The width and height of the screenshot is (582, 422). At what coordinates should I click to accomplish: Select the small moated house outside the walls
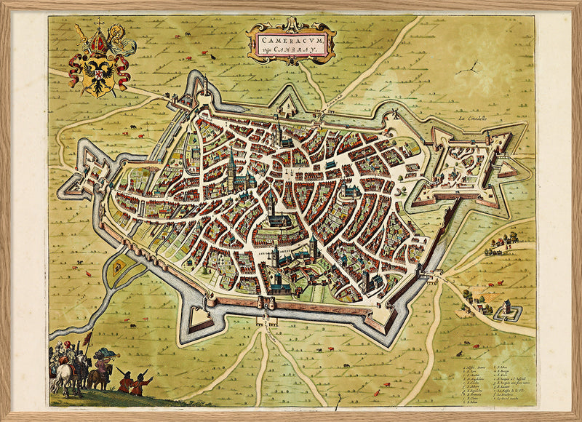(508, 314)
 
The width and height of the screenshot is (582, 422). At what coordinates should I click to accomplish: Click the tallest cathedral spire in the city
(231, 164)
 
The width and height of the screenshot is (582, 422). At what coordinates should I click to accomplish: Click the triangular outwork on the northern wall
(286, 103)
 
